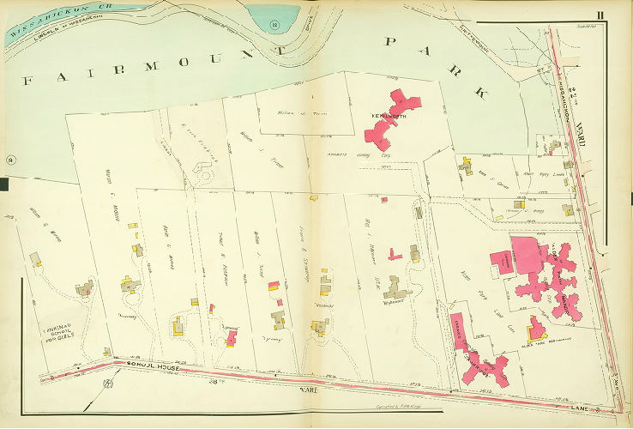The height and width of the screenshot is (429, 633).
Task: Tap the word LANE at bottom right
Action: click(594, 402)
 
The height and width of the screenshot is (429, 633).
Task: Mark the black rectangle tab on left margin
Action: click(3, 184)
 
